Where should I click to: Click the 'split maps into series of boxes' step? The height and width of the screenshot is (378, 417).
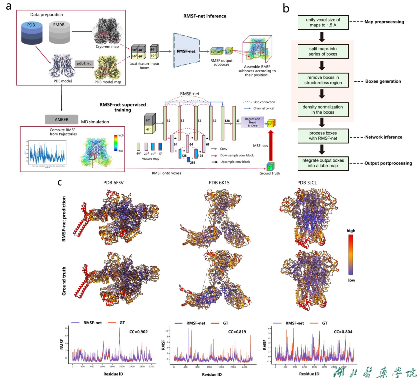(322, 51)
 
